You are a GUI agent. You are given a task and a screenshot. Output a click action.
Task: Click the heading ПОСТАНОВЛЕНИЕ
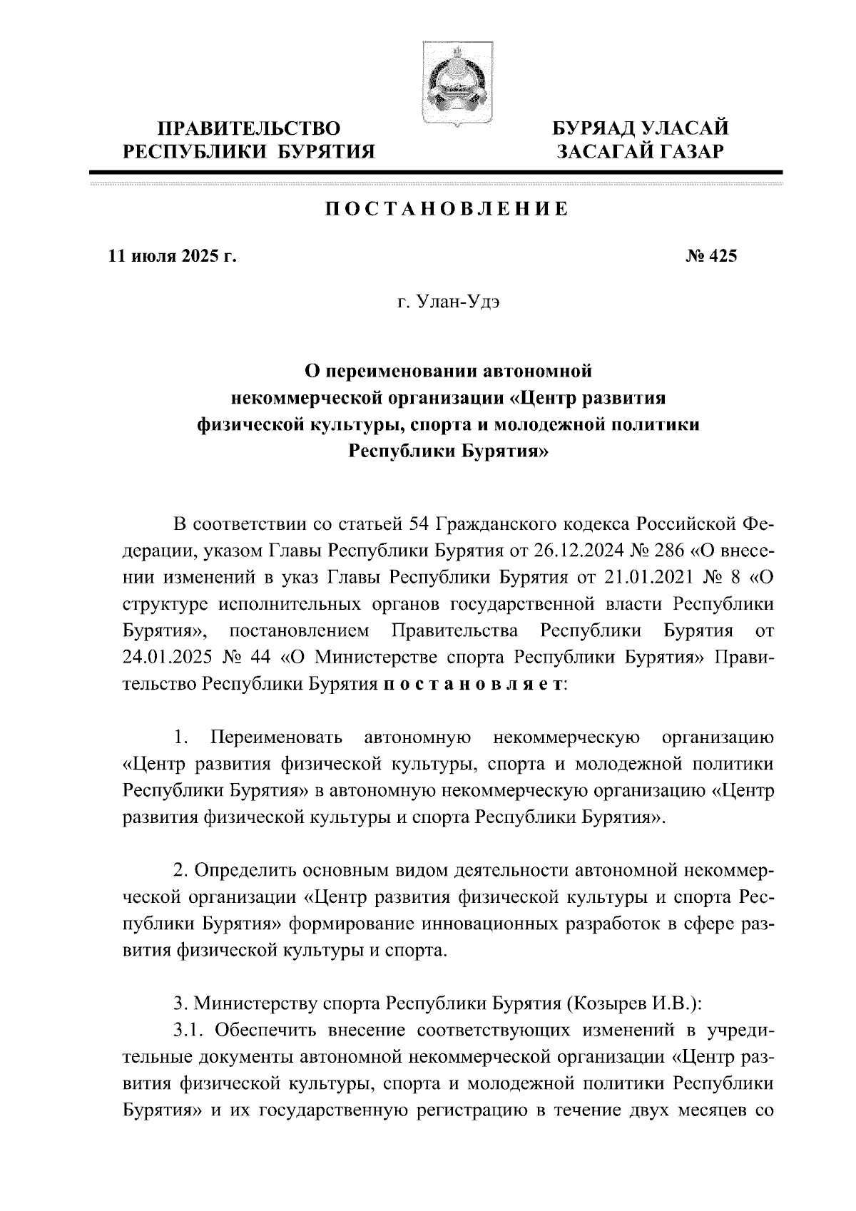[447, 210]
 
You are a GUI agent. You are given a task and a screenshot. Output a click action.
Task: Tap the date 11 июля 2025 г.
[172, 256]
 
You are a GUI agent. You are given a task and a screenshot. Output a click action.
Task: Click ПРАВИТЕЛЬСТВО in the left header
[249, 129]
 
